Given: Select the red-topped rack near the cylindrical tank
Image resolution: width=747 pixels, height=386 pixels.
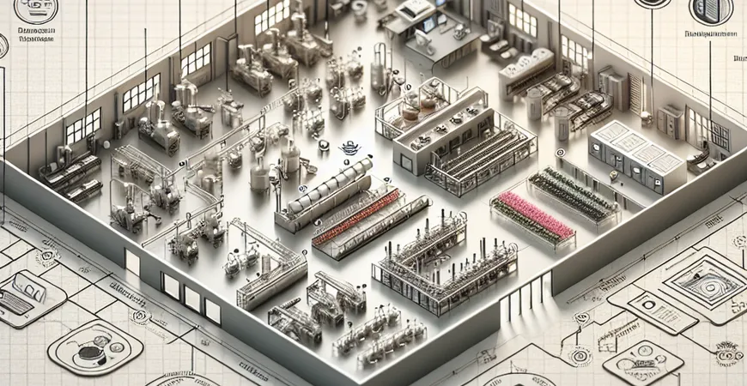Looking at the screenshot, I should [356, 218].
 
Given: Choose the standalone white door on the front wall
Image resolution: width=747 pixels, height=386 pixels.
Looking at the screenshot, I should [132, 262].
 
